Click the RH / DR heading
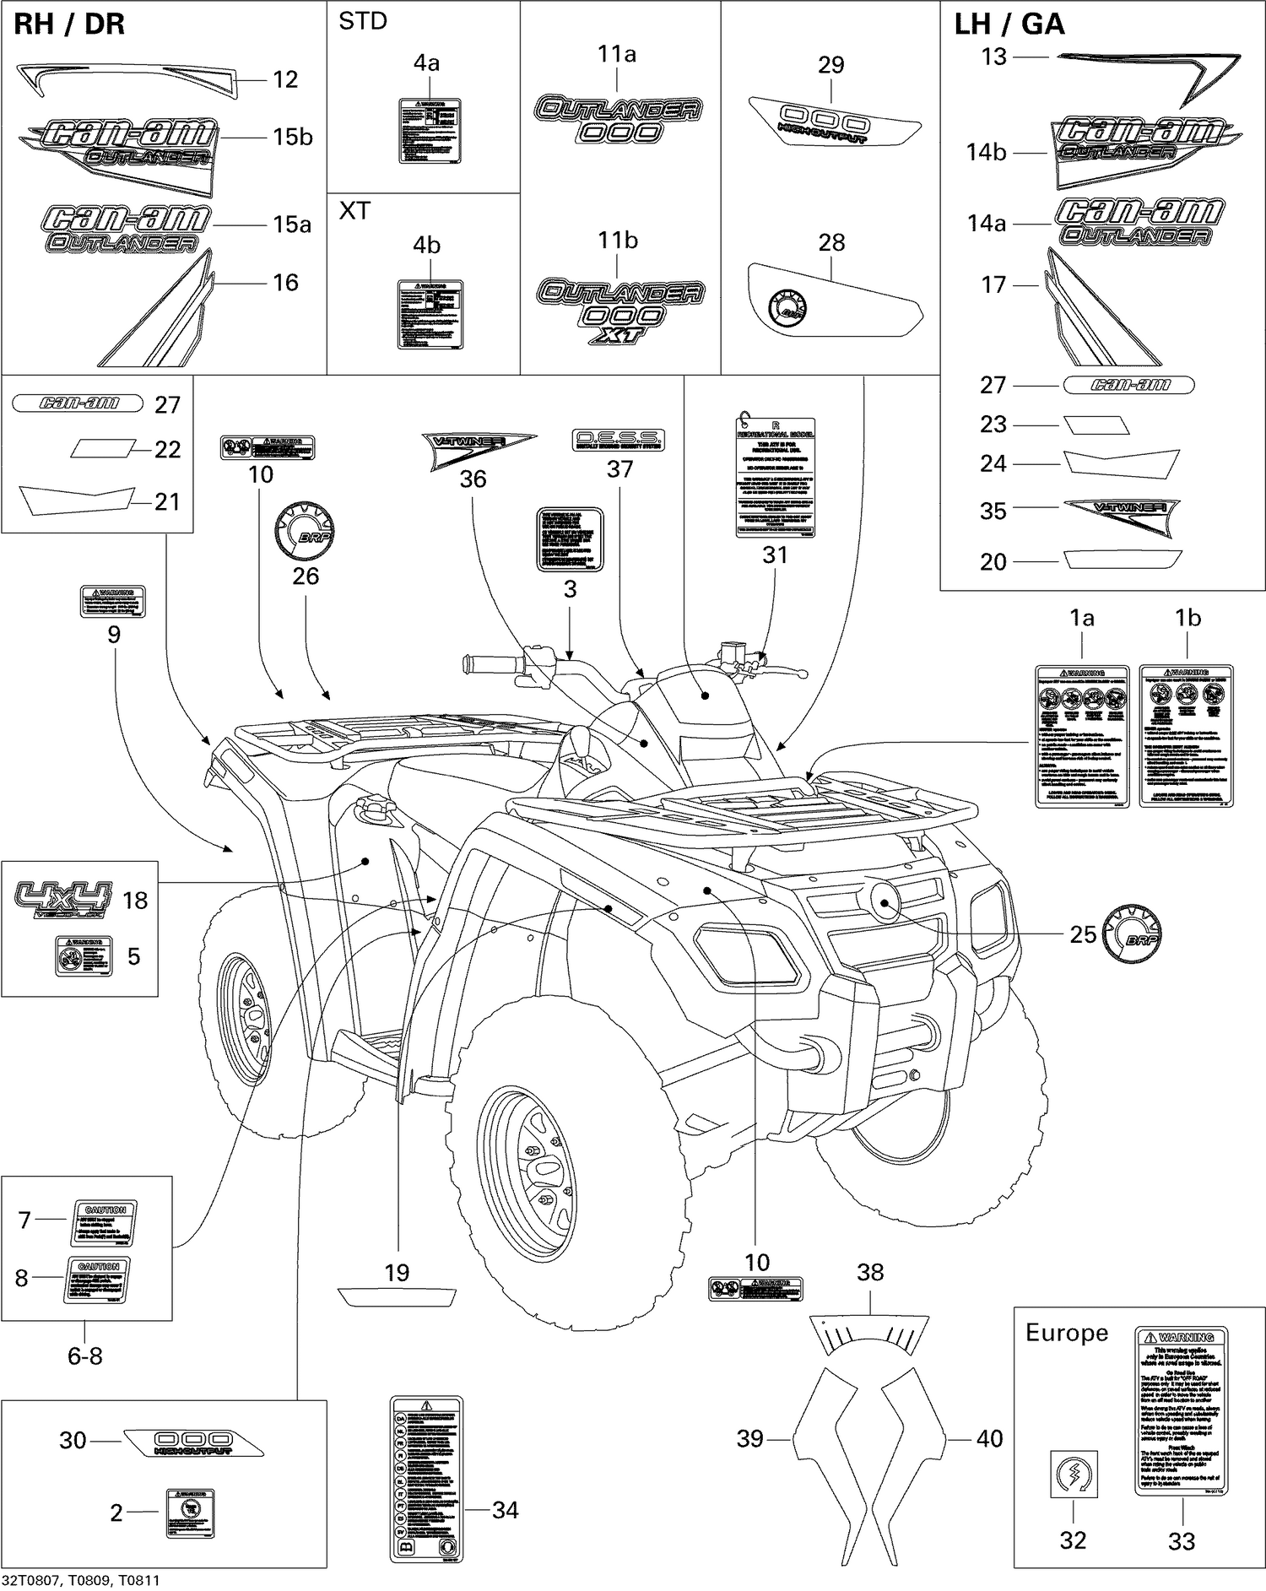[69, 24]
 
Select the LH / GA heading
[1009, 24]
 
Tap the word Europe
[1066, 1333]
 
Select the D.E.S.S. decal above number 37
[619, 439]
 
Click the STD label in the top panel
[363, 22]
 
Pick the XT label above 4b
[354, 211]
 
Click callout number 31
[775, 555]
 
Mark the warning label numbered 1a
[1082, 736]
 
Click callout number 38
[870, 1273]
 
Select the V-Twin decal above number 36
[478, 447]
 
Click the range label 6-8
[84, 1356]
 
